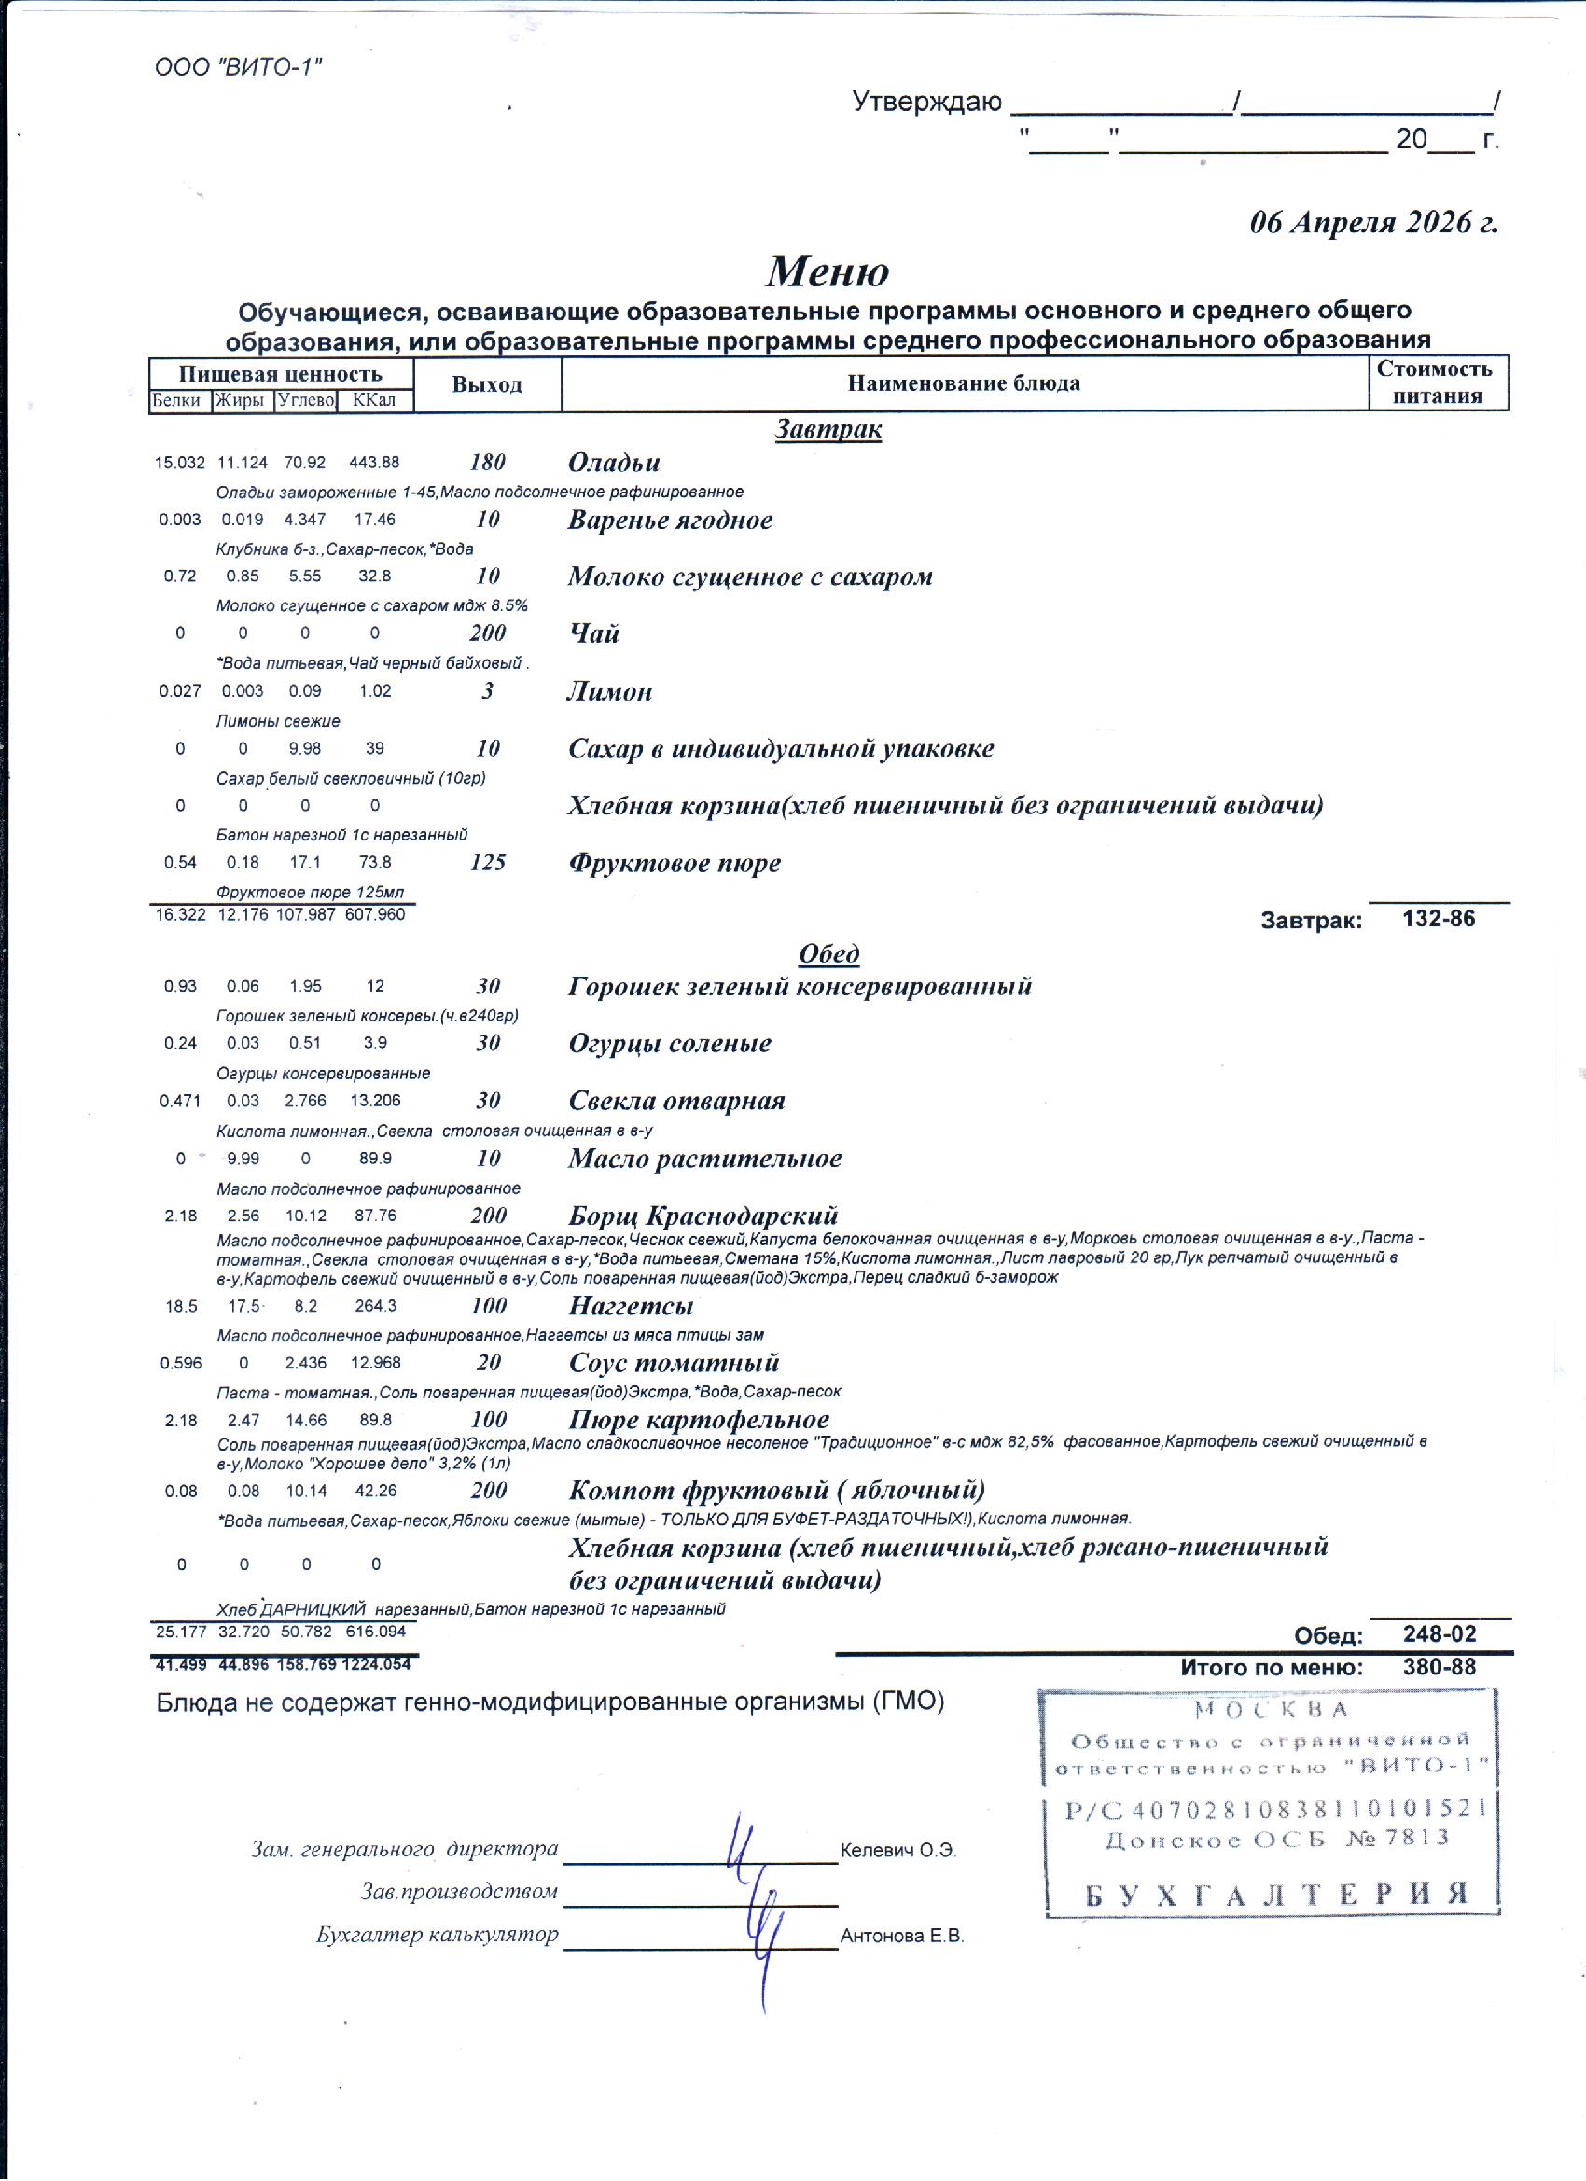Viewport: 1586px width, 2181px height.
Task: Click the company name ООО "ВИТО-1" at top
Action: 238,67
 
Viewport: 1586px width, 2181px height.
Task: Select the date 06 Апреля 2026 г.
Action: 1372,222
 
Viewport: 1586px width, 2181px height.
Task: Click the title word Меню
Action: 828,271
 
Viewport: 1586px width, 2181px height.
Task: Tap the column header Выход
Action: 487,384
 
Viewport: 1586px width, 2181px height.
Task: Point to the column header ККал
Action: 374,400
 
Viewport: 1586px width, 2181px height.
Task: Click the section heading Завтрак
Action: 828,429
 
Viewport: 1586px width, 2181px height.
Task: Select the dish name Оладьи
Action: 614,463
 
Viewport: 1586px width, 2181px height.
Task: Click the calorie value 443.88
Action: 374,463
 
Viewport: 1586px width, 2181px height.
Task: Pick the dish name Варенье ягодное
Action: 670,521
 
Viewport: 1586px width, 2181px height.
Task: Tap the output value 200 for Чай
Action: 488,632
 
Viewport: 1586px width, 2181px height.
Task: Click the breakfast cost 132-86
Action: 1438,918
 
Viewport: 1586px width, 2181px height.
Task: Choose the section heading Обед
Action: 828,954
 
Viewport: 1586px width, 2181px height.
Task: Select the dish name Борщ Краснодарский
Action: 703,1215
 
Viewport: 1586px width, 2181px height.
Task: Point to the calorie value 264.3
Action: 375,1306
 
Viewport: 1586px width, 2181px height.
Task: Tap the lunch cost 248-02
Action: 1439,1633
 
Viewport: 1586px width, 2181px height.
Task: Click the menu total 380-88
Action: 1439,1666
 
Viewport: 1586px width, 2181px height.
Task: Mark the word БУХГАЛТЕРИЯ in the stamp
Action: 1277,1894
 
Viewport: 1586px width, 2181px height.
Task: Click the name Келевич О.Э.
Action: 898,1850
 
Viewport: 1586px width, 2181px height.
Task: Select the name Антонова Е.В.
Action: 902,1936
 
